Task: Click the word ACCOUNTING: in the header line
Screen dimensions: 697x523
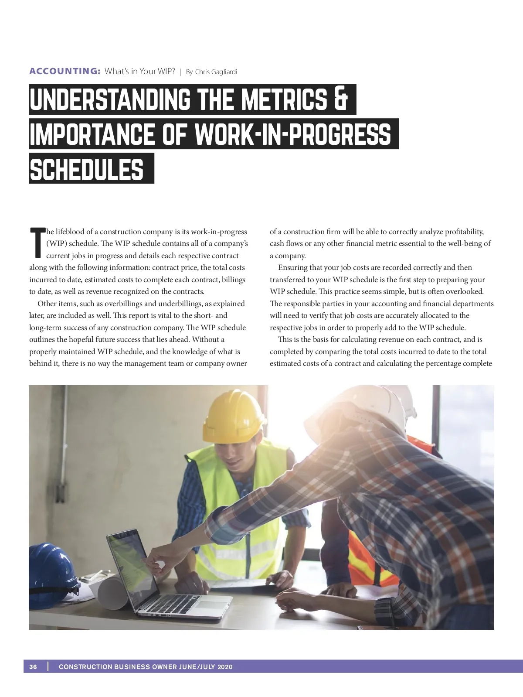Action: [65, 71]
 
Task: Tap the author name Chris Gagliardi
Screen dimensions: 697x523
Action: [216, 72]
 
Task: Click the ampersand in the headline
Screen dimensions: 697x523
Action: [340, 99]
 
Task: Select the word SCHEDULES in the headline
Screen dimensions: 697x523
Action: [87, 169]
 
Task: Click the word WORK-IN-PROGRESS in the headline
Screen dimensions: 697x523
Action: [292, 134]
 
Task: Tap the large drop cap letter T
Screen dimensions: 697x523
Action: [37, 243]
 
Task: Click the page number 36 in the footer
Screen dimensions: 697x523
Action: [33, 666]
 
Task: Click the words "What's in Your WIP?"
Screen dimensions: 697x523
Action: [139, 71]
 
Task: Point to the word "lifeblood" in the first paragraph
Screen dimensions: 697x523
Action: [70, 232]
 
